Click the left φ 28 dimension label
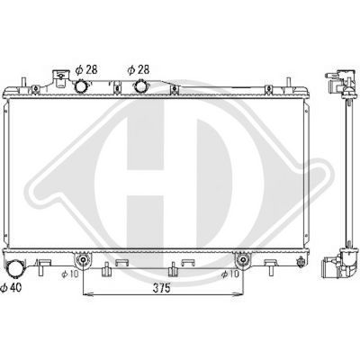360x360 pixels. [x=84, y=69]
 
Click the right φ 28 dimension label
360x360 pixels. [x=136, y=69]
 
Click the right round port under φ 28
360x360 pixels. [x=142, y=86]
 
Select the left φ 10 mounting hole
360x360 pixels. [x=82, y=260]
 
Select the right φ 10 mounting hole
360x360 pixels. [x=241, y=260]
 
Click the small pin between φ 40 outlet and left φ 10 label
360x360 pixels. [x=42, y=267]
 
